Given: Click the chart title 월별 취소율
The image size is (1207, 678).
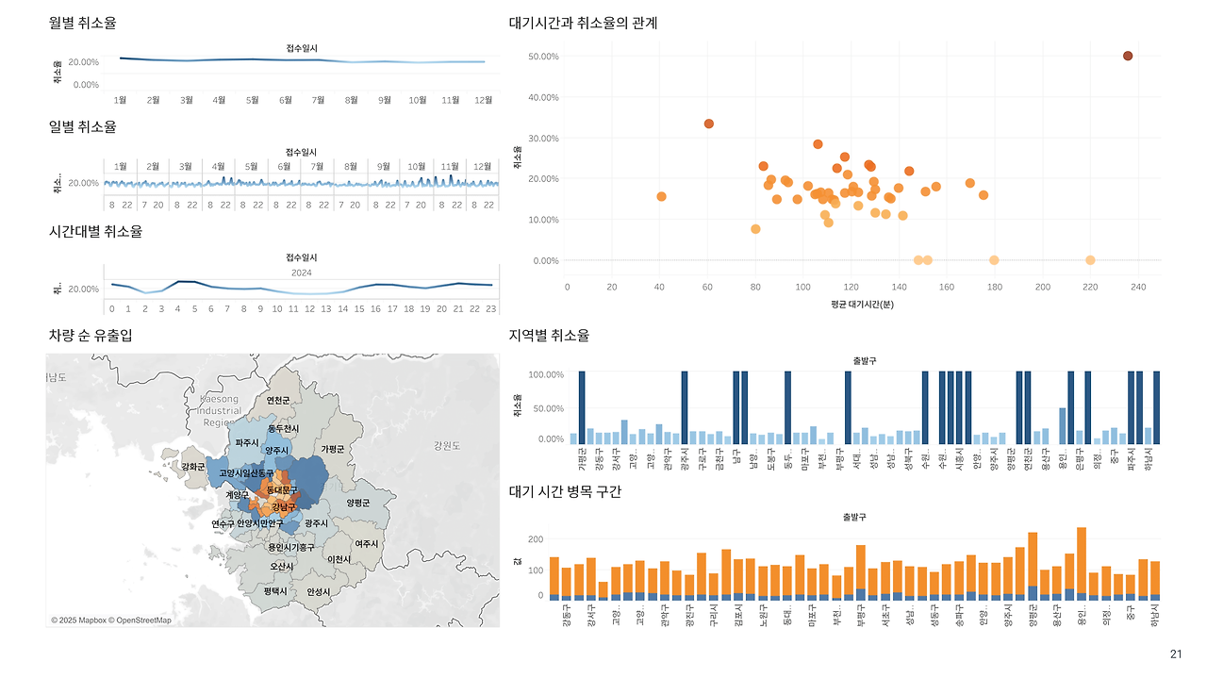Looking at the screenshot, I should [83, 23].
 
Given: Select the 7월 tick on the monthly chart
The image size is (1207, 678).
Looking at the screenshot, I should [318, 99].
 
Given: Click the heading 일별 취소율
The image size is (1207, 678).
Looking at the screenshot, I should [83, 126].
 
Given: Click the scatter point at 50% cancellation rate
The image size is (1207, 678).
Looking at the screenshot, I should [1128, 57].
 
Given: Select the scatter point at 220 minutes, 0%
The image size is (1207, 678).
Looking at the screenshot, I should [1090, 260].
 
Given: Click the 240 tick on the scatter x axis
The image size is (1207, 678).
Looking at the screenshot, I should [1137, 287].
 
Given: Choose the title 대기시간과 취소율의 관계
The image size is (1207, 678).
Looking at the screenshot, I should [583, 23].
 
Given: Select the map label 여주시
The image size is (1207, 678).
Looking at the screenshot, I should [366, 544].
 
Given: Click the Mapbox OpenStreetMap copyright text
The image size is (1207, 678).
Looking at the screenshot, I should [111, 620].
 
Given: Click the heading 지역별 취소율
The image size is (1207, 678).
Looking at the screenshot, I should [549, 336].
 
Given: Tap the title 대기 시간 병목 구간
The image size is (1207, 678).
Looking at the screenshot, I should [565, 492].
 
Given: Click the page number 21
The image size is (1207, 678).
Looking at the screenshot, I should [1175, 654].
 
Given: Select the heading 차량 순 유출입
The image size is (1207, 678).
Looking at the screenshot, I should [91, 336].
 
